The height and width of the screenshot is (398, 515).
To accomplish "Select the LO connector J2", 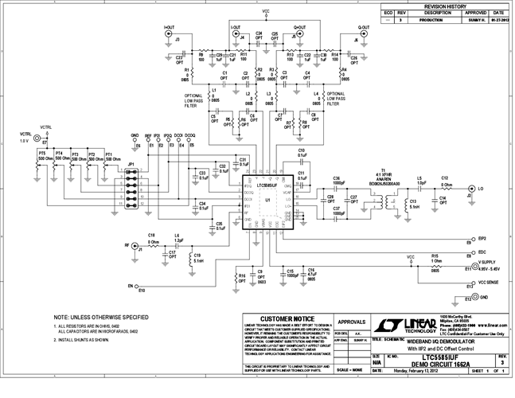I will point(471,189).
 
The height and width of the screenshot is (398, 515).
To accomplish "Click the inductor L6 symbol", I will point(177,243).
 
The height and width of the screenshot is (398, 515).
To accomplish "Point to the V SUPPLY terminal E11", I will point(466,268).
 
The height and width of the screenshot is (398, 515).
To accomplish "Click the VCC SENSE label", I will point(489,282).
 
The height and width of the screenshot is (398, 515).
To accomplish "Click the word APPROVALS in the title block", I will point(351,322).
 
